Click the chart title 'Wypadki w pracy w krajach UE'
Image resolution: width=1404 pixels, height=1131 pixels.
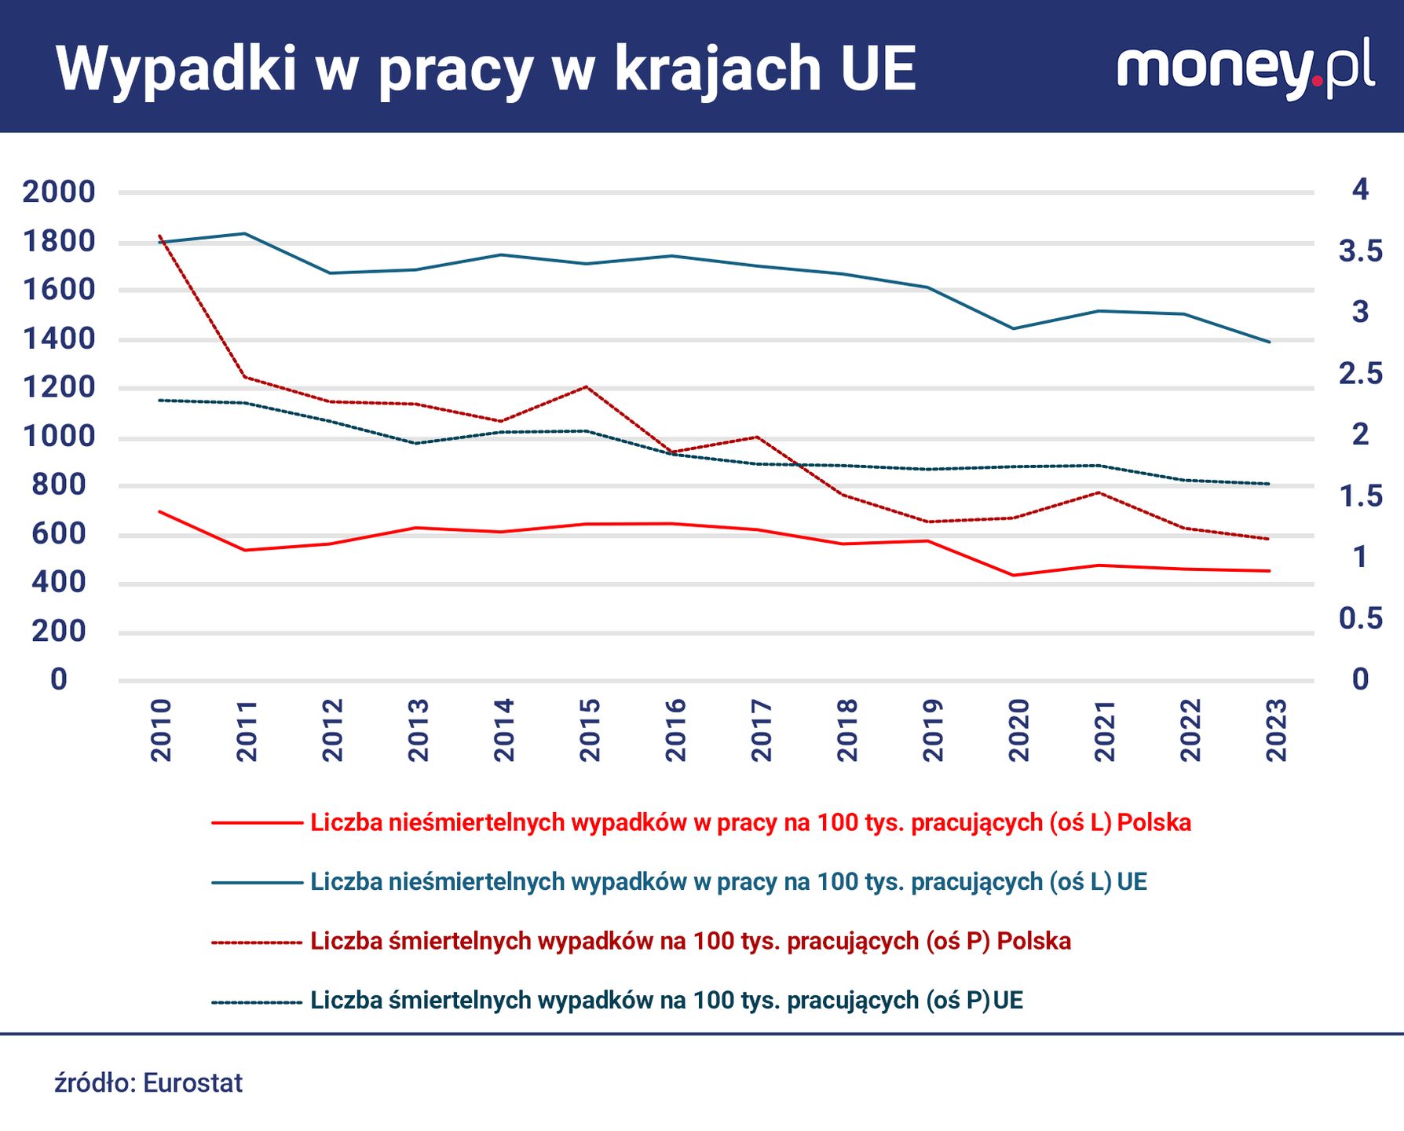pyautogui.click(x=485, y=69)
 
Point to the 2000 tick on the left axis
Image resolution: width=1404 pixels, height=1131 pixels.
pyautogui.click(x=59, y=192)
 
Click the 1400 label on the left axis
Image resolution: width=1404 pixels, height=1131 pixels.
pyautogui.click(x=59, y=339)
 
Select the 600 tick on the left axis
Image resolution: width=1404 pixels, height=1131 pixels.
pyautogui.click(x=59, y=534)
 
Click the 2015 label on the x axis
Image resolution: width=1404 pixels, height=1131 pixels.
pyautogui.click(x=589, y=730)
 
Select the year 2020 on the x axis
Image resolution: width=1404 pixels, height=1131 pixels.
pyautogui.click(x=1018, y=730)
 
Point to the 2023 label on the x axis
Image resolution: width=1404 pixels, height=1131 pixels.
pyautogui.click(x=1276, y=730)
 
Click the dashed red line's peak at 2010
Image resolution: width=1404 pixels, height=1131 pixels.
pyautogui.click(x=160, y=236)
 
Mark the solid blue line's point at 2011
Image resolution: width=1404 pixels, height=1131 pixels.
pyautogui.click(x=245, y=233)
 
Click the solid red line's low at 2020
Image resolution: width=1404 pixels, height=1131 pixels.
pyautogui.click(x=1013, y=575)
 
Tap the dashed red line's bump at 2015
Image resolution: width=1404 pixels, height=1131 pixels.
pyautogui.click(x=587, y=386)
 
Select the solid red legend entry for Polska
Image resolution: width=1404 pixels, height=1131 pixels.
pyautogui.click(x=750, y=822)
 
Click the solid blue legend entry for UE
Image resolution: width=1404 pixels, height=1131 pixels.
pyautogui.click(x=728, y=881)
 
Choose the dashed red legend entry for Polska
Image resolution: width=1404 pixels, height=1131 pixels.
pyautogui.click(x=689, y=941)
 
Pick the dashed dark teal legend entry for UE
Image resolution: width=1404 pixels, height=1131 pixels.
pyautogui.click(x=666, y=1000)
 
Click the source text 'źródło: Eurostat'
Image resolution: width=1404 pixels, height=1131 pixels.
pyautogui.click(x=148, y=1083)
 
